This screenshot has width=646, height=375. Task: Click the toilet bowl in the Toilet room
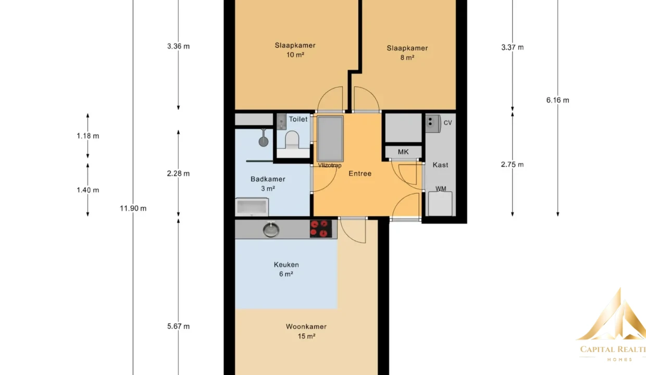[292, 141]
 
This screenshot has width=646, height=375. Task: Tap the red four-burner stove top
[321, 229]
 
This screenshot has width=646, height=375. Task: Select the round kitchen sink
[271, 230]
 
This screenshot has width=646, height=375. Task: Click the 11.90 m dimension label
[133, 208]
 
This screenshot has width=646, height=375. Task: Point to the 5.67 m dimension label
[179, 326]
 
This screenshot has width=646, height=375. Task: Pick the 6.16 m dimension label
[558, 100]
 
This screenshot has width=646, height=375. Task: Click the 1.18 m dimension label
[88, 136]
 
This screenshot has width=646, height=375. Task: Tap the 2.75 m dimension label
[512, 164]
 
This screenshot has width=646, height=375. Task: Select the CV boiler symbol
[433, 123]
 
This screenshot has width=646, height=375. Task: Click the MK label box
[403, 152]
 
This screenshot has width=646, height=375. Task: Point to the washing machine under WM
[440, 204]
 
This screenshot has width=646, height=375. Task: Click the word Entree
[360, 173]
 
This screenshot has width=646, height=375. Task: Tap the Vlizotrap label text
[330, 166]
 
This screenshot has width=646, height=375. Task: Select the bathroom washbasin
[252, 207]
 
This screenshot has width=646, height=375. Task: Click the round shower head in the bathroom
[263, 142]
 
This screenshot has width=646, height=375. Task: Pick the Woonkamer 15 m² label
[306, 331]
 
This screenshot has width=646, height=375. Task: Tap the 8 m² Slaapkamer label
[407, 53]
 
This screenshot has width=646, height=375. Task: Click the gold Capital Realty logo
[612, 324]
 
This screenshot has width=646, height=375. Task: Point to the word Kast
[440, 165]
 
